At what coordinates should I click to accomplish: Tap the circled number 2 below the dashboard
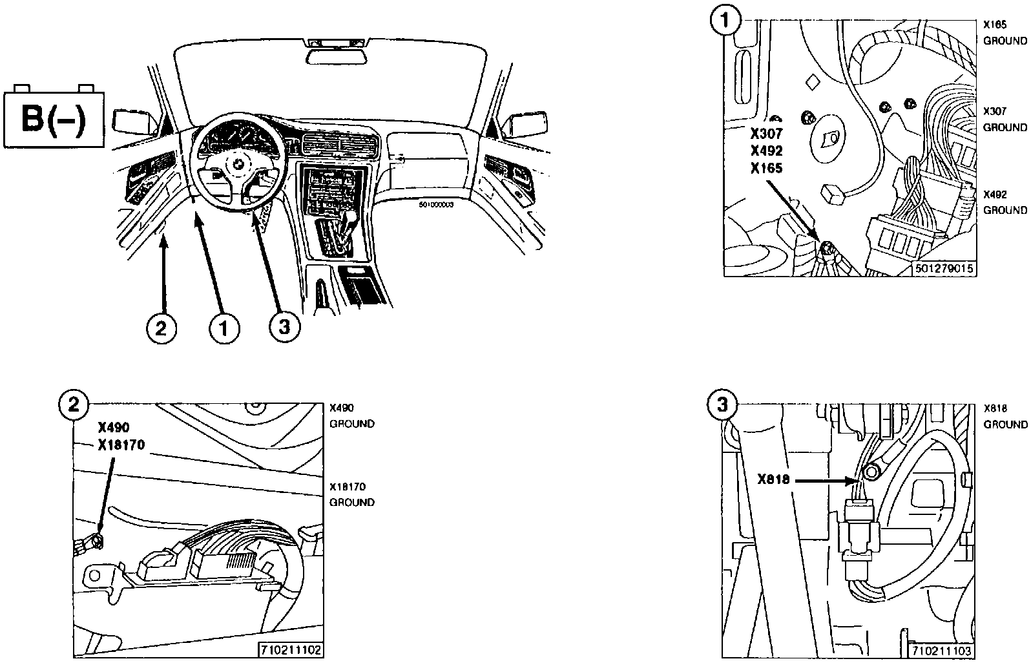click(x=161, y=329)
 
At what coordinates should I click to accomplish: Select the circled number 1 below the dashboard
click(x=224, y=329)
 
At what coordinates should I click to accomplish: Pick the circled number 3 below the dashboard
click(x=284, y=329)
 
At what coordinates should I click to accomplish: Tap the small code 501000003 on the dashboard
click(x=436, y=204)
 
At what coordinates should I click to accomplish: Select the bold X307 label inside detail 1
click(x=766, y=134)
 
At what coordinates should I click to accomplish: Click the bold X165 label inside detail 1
click(x=766, y=169)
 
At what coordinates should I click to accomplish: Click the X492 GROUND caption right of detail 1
click(x=1005, y=202)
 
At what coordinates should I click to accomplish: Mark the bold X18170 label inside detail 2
click(x=122, y=445)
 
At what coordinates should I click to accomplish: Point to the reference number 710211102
click(x=291, y=649)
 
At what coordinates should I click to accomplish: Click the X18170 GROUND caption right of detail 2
click(x=352, y=494)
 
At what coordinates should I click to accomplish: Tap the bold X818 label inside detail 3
click(x=774, y=480)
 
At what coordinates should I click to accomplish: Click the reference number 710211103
click(x=942, y=651)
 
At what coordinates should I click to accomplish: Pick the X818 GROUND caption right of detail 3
click(x=1005, y=416)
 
